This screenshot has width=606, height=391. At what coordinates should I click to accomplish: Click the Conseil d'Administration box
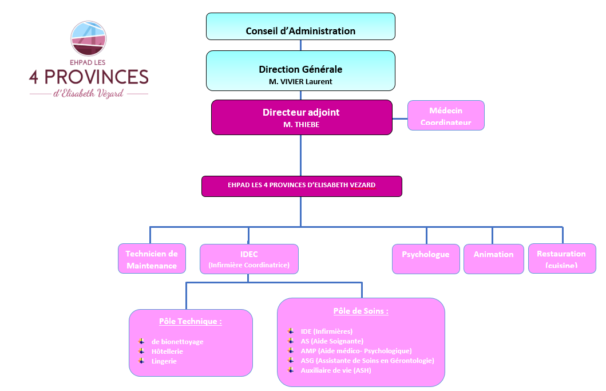pos(300,27)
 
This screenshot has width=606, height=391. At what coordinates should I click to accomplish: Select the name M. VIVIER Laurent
pos(300,82)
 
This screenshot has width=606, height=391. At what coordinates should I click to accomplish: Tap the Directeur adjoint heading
pos(301,112)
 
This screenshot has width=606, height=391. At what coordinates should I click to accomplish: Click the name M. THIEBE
pos(301,124)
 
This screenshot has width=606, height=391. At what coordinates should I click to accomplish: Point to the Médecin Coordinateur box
pos(446,116)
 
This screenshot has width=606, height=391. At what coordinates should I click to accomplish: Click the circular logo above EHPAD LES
pos(89,38)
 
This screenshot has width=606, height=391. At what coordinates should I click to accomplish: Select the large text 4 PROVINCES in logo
pos(89,76)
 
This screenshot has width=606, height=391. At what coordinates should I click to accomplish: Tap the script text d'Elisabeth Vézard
pos(88,94)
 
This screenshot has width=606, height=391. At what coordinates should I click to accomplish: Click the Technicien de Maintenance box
pos(152,259)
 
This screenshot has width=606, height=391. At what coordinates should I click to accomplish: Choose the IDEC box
pos(249,259)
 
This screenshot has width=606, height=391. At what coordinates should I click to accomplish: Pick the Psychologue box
pos(426,259)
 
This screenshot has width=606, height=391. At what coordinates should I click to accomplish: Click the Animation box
pos(493,259)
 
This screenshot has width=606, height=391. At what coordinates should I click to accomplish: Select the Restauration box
pos(562,259)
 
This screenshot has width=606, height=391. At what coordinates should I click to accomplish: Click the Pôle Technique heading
pos(191,321)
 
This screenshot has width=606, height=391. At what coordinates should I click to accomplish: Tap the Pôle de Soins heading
pos(361,311)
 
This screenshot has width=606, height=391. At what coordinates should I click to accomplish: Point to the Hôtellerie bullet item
pos(167,351)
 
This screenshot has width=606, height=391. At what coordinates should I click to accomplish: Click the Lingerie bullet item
pos(164,361)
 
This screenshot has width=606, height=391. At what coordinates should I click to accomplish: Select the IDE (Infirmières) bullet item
pos(327,331)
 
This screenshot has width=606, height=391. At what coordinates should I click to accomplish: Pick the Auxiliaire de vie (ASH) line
pos(336,370)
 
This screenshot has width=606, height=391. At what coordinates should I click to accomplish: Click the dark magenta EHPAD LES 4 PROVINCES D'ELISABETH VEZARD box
pos(302,186)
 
